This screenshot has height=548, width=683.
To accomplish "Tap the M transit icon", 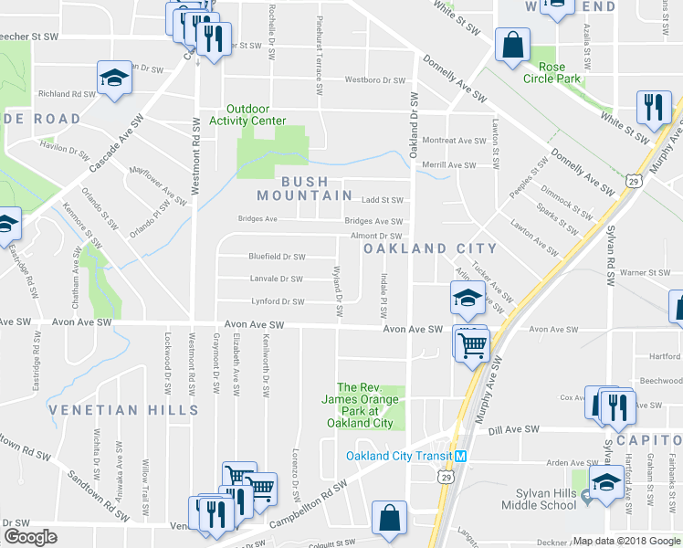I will click(461, 457).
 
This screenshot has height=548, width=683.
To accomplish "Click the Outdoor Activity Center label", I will click(247, 114).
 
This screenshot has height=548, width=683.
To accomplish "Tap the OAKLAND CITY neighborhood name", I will click(430, 248).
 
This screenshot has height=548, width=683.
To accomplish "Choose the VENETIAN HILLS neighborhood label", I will click(111, 410).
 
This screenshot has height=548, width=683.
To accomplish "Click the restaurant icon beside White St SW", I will click(653, 107).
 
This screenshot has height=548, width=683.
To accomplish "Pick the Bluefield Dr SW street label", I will click(277, 257).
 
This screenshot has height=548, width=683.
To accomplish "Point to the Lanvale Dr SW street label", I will click(277, 279).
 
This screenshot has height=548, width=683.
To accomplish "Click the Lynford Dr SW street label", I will click(278, 301).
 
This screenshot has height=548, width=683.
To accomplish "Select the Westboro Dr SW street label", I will click(374, 80).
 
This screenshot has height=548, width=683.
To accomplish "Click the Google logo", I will click(30, 538).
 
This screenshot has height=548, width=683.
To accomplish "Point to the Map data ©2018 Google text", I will click(626, 541).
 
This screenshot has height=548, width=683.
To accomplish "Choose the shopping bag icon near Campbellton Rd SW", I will click(390, 517).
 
